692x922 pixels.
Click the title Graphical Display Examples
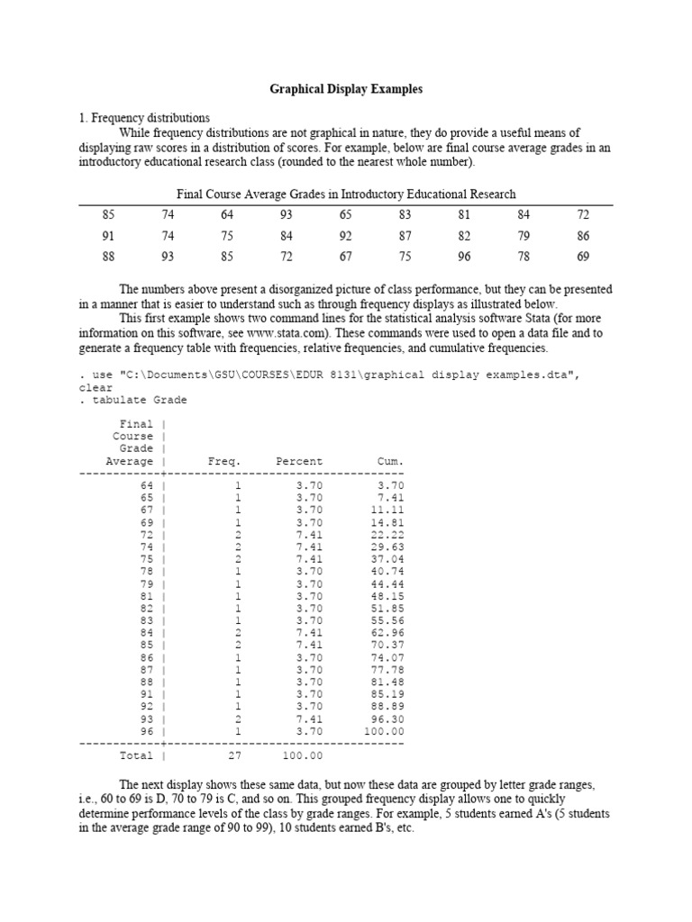point(346,90)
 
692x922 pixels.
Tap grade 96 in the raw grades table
point(463,257)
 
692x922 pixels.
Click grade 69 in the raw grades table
point(582,257)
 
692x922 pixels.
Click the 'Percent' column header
point(298,461)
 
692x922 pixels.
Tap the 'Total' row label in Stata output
point(136,755)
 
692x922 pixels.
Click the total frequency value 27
point(235,755)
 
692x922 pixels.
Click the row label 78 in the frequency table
point(147,570)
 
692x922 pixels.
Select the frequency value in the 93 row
point(238,719)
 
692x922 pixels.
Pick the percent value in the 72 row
point(309,533)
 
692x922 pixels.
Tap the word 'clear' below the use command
point(96,388)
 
